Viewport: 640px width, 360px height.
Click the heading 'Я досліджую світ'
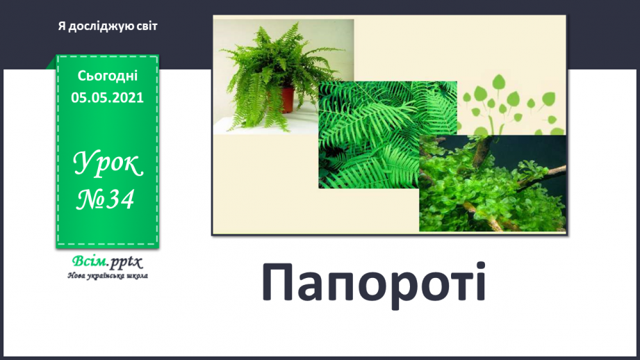click(x=108, y=26)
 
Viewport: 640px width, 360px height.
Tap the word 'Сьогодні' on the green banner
click(x=108, y=75)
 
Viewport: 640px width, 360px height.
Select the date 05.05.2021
click(x=108, y=97)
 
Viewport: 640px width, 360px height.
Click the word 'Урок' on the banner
click(x=108, y=165)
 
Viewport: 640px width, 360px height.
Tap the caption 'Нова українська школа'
click(x=108, y=275)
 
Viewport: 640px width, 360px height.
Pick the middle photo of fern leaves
click(x=375, y=132)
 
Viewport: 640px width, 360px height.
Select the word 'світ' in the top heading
click(x=146, y=26)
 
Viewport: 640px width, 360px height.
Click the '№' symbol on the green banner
click(x=90, y=199)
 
